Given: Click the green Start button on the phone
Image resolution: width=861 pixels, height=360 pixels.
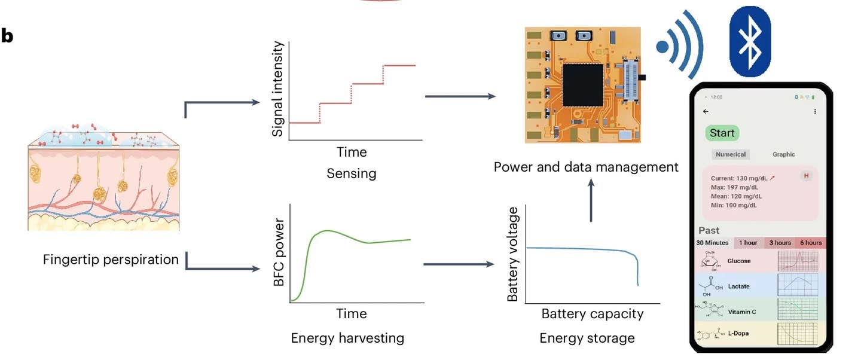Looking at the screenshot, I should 722,133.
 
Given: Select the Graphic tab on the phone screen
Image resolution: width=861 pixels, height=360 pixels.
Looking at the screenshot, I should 783,154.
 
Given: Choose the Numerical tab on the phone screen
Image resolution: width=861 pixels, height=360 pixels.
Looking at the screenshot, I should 731,154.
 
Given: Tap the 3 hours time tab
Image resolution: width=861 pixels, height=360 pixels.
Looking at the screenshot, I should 780,243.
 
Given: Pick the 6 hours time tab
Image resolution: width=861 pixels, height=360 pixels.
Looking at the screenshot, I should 811,243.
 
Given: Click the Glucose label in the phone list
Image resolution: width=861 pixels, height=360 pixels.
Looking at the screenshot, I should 739,261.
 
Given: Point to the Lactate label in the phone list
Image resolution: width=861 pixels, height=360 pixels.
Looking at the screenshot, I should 738,286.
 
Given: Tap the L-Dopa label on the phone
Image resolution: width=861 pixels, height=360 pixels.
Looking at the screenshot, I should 738,333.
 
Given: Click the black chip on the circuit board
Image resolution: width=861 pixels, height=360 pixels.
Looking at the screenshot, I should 583,85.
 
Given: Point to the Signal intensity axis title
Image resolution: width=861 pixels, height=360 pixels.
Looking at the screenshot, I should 277,90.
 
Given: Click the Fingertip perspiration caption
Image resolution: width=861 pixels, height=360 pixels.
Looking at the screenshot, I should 111,260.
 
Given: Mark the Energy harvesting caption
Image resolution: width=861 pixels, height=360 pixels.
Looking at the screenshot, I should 347,338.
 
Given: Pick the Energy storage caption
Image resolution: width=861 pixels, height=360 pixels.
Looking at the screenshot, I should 587,338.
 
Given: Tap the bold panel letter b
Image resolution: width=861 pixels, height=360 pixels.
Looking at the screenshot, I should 7,36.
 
